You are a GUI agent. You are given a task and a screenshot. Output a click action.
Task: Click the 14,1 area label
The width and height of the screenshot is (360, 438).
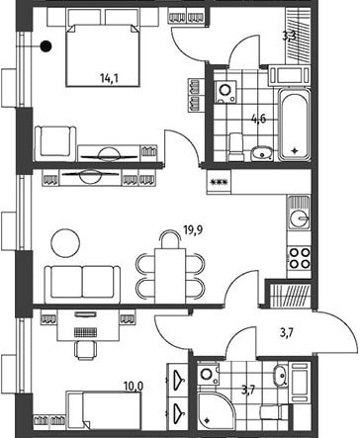(x=109, y=78)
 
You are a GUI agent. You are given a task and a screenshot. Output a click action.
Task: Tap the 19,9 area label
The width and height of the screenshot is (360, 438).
(x=193, y=229)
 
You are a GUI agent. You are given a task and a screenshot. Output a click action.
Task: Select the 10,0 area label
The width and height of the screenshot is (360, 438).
(x=134, y=386)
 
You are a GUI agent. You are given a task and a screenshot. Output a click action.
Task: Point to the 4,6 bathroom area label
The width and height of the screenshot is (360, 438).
(x=258, y=119)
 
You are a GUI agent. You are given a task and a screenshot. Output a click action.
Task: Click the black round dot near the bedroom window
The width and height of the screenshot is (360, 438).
(x=45, y=46)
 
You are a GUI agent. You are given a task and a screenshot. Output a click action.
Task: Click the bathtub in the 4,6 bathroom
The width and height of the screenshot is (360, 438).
(x=294, y=125)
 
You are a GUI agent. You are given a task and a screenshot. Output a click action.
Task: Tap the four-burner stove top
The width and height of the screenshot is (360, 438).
(x=300, y=258)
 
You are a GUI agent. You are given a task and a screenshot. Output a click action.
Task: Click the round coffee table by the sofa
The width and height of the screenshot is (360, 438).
(x=65, y=243)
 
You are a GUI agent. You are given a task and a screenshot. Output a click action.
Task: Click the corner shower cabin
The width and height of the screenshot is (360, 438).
(x=217, y=408)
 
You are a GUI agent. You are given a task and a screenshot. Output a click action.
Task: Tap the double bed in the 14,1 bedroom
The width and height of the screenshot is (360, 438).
(x=103, y=54)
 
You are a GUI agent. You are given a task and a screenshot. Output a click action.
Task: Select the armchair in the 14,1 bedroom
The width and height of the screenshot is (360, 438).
(x=55, y=144)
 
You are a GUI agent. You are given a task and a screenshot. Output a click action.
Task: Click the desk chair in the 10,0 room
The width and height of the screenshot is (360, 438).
(x=85, y=350)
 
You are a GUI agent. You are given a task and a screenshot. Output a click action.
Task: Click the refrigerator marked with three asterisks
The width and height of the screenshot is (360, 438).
(x=219, y=182)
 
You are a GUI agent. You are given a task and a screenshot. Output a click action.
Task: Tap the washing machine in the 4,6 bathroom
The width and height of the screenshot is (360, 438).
(x=225, y=92)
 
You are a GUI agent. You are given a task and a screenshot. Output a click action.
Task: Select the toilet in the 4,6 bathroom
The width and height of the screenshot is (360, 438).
(x=236, y=146)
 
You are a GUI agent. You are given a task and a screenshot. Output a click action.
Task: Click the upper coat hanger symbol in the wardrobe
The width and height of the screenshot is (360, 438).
(x=177, y=378)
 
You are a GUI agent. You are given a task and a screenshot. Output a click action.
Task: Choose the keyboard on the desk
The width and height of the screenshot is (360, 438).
(x=85, y=332)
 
